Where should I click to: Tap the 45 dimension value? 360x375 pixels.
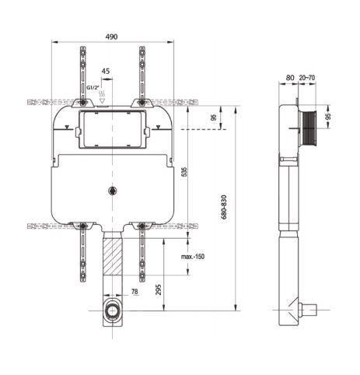[x=106, y=71]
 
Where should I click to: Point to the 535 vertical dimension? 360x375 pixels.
[x=184, y=172]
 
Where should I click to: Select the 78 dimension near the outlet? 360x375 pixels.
[x=135, y=293]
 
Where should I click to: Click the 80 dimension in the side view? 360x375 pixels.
[x=289, y=78]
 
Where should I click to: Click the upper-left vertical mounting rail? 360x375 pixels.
[x=83, y=74]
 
